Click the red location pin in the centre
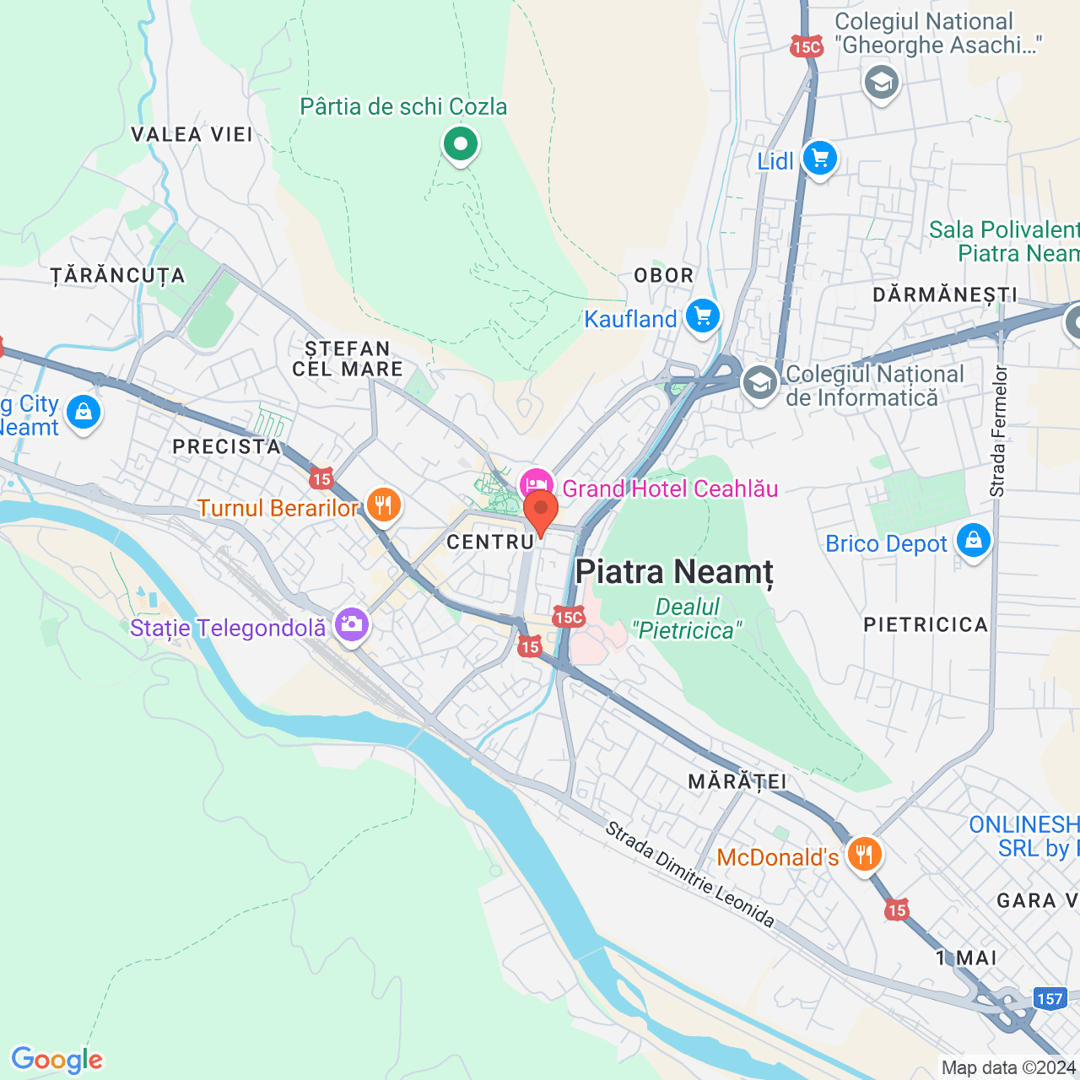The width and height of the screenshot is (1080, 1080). click(541, 510)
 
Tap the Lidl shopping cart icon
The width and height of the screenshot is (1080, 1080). click(819, 158)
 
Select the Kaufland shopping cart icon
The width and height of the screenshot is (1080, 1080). click(702, 317)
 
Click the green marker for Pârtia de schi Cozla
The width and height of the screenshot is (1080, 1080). click(460, 144)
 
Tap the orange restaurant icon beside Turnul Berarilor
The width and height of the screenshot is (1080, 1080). click(383, 505)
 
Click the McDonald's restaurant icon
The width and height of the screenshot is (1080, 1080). click(863, 855)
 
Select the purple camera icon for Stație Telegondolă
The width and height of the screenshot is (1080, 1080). click(351, 625)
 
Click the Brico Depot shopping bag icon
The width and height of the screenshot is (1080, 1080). click(973, 541)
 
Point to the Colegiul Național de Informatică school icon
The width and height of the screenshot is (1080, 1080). click(759, 383)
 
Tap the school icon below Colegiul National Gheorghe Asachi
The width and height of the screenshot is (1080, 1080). click(882, 83)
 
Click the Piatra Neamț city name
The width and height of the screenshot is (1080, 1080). click(674, 572)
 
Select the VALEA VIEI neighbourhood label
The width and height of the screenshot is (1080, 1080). click(192, 134)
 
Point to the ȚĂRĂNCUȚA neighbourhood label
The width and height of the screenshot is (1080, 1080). click(117, 276)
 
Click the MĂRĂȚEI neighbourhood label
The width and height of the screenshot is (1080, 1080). click(737, 781)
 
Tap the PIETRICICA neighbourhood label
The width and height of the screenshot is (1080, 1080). click(926, 624)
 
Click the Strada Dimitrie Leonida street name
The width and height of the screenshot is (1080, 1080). click(689, 874)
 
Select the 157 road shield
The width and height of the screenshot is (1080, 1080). click(1050, 999)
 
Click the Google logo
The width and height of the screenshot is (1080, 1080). click(57, 1060)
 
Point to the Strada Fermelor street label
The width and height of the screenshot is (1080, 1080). click(998, 430)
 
